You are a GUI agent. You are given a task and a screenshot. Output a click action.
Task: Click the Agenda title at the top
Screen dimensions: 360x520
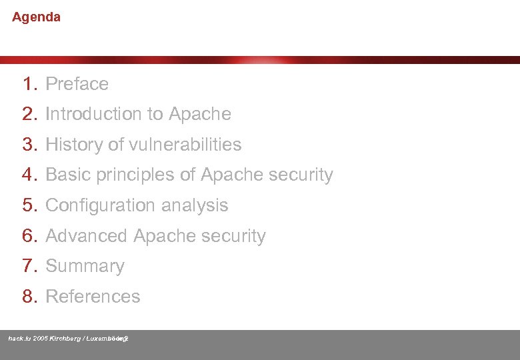point(36,17)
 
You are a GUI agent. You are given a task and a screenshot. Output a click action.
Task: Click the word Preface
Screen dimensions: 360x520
point(77,84)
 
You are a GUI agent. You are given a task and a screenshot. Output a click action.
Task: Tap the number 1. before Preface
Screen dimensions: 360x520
point(29,84)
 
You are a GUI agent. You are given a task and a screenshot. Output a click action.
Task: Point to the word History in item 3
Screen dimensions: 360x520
point(73,145)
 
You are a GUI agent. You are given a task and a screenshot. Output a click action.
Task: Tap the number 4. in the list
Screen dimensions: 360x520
point(29,175)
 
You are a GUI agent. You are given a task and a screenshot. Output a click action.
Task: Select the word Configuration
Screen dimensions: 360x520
point(100,205)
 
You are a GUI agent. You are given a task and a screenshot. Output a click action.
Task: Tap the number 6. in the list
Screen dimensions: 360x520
point(29,236)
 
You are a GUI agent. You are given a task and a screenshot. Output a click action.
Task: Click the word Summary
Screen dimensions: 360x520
point(85,266)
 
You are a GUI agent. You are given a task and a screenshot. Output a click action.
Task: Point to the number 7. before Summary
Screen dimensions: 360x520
point(29,266)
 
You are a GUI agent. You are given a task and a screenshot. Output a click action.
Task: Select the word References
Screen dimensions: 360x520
point(93,297)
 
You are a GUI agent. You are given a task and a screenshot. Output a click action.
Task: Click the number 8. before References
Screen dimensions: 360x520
point(29,297)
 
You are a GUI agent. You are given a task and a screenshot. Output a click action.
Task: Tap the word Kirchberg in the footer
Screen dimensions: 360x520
point(65,339)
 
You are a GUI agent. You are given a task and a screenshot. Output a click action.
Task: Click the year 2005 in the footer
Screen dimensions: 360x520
point(40,339)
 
